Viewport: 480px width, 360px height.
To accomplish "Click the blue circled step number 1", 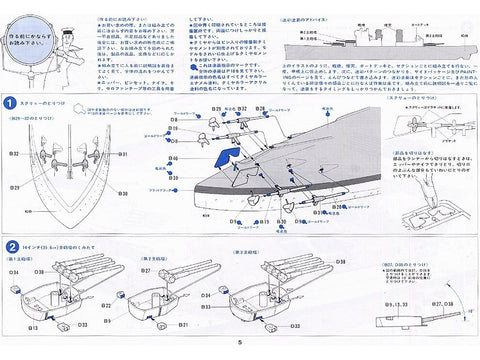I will pos(9,101).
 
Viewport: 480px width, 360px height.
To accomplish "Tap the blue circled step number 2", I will pos(9,245).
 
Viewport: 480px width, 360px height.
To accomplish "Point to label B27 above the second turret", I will pos(146,269).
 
